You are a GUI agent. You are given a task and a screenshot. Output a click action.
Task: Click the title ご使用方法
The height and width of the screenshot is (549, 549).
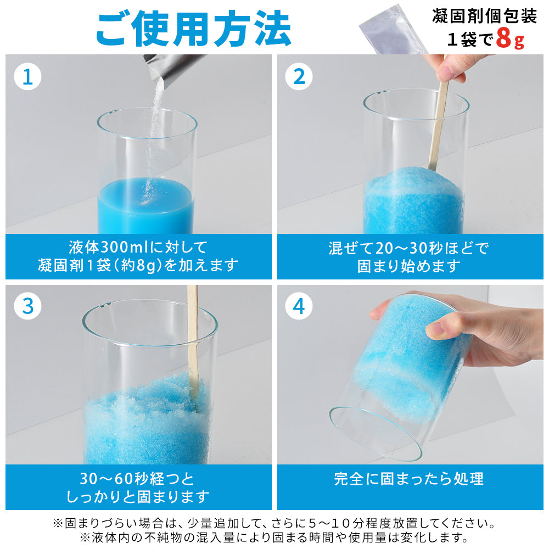pyautogui.click(x=193, y=28)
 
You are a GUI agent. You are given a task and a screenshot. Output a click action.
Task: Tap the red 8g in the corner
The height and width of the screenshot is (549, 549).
pyautogui.click(x=510, y=38)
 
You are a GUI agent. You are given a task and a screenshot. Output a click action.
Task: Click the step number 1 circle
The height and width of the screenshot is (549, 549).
pyautogui.click(x=27, y=76)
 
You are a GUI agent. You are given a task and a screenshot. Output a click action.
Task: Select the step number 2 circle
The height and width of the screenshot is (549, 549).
pyautogui.click(x=299, y=76)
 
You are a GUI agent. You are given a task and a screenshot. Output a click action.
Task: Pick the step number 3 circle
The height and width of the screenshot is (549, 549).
pyautogui.click(x=27, y=306)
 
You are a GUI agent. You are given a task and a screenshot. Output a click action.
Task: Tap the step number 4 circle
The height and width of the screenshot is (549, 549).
pyautogui.click(x=299, y=306)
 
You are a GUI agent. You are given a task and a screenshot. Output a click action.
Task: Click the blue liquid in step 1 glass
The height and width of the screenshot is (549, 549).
pyautogui.click(x=145, y=206)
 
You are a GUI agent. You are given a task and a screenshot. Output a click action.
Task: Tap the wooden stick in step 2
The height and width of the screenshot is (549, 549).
pyautogui.click(x=438, y=123)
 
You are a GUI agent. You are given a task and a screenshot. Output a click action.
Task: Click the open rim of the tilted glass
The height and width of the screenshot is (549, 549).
pyautogui.click(x=375, y=434)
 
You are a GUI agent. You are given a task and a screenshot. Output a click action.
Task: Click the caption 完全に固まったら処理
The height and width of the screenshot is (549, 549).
pyautogui.click(x=409, y=479)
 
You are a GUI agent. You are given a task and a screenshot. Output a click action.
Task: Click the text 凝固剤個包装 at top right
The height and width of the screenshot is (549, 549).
pyautogui.click(x=485, y=15)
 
